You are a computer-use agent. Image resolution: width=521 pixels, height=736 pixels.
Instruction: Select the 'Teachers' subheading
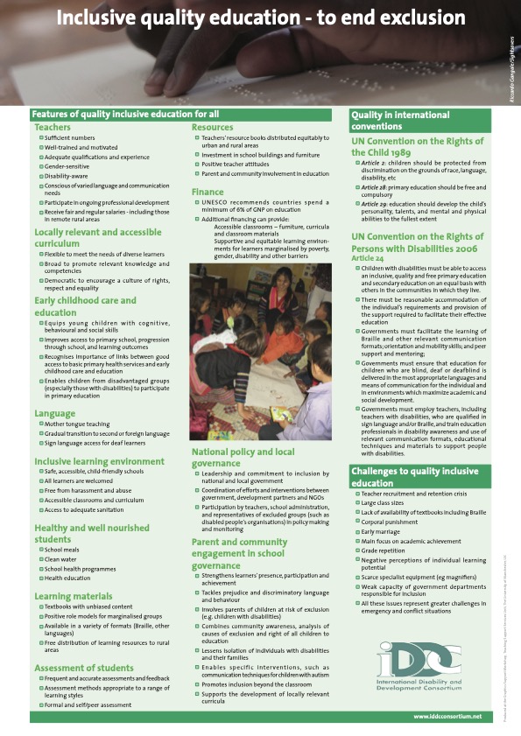[53, 128]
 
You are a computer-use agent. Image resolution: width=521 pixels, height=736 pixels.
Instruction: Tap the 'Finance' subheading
[208, 191]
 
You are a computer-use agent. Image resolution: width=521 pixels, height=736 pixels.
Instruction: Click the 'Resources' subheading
[214, 128]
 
